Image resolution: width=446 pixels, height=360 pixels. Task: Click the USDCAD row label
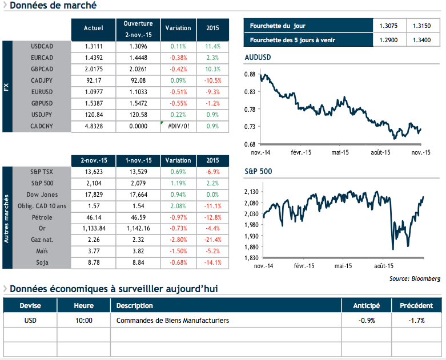(x=42, y=46)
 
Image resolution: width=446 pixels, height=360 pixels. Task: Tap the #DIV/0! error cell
(x=178, y=126)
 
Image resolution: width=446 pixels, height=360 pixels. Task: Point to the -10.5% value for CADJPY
(x=212, y=80)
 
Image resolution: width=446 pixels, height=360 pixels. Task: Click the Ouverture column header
(x=138, y=29)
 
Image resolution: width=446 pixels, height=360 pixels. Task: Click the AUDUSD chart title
(x=258, y=58)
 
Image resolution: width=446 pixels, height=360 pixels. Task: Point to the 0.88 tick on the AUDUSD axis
(x=250, y=75)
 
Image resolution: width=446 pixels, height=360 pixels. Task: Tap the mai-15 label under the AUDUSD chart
(x=340, y=152)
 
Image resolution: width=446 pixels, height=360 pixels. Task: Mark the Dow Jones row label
(x=42, y=194)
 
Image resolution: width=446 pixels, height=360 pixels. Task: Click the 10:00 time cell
(x=84, y=321)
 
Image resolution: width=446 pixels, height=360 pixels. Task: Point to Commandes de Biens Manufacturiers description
(x=172, y=321)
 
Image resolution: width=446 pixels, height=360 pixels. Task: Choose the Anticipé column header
(x=366, y=306)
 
